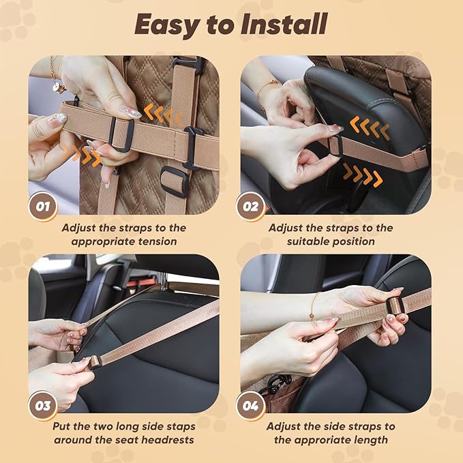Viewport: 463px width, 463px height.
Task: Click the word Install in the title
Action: click(x=284, y=25)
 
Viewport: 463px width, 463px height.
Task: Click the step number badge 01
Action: click(x=43, y=207)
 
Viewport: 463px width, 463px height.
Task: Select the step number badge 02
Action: click(x=250, y=207)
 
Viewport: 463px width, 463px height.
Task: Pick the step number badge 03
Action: click(x=43, y=406)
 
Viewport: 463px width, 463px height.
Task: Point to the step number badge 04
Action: click(x=250, y=406)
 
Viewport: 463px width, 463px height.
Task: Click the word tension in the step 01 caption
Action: click(x=158, y=241)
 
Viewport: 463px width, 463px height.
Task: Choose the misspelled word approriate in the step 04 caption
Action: click(x=320, y=440)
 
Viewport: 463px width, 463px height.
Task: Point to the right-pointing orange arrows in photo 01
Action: click(x=83, y=154)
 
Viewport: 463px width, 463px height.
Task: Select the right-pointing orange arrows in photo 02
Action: click(x=363, y=175)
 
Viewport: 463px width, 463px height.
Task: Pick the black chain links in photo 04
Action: click(x=275, y=385)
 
